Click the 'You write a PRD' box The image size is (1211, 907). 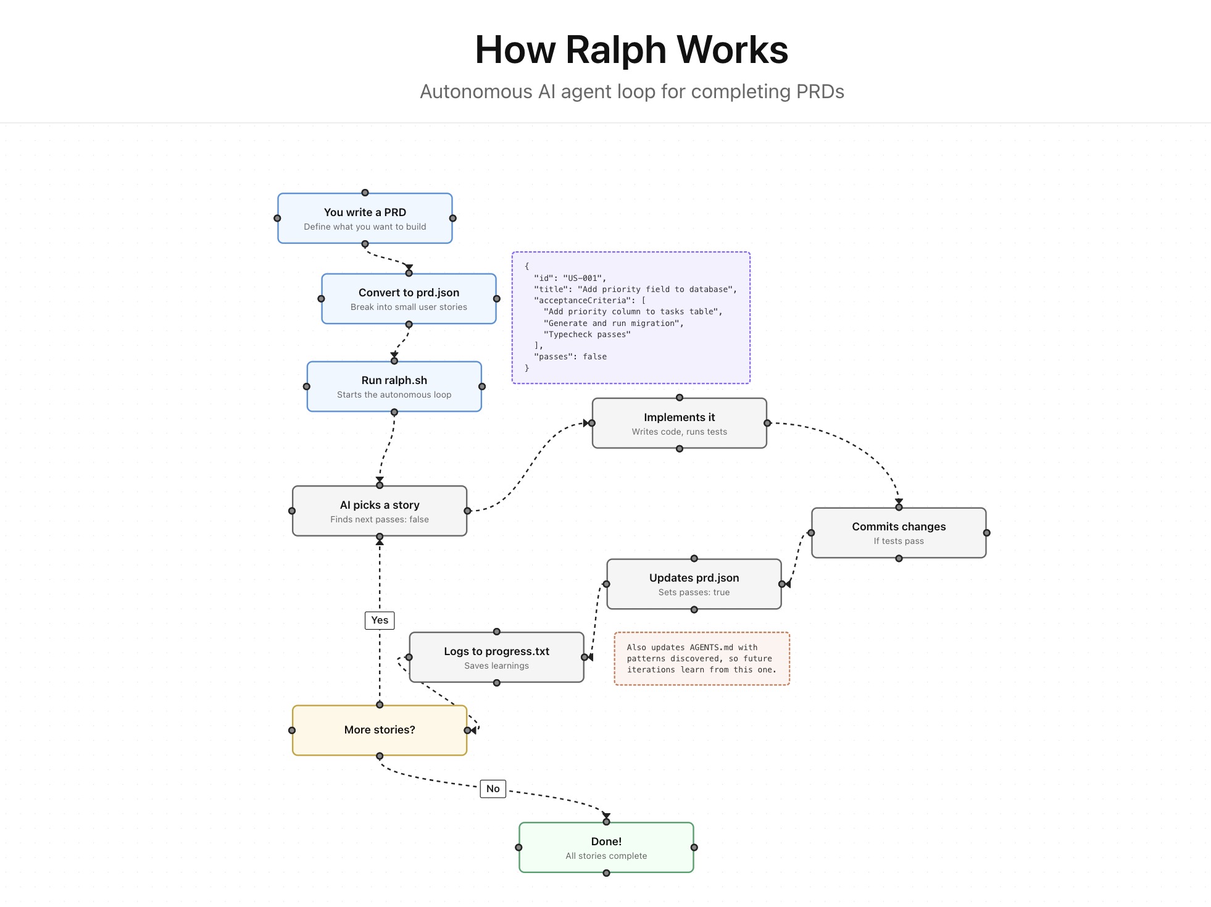tap(365, 219)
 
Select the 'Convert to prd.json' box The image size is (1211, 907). tap(409, 299)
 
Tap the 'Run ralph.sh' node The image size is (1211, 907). tap(394, 387)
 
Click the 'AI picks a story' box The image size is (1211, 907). tap(379, 511)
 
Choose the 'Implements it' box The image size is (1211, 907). tap(679, 424)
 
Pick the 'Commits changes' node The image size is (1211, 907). tap(898, 533)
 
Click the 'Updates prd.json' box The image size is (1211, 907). tap(694, 584)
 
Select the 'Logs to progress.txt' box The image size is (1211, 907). tap(496, 657)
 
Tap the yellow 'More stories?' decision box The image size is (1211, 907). tap(379, 730)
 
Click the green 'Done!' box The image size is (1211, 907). tap(606, 847)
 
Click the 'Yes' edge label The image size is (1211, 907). tap(380, 620)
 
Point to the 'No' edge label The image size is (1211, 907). tap(493, 788)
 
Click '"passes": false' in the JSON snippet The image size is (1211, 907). tap(570, 357)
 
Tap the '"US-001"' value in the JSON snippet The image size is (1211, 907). tap(584, 278)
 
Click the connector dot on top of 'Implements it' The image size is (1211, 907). tap(679, 398)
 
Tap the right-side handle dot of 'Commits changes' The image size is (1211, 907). tap(986, 533)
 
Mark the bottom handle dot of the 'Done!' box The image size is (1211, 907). tap(606, 873)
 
